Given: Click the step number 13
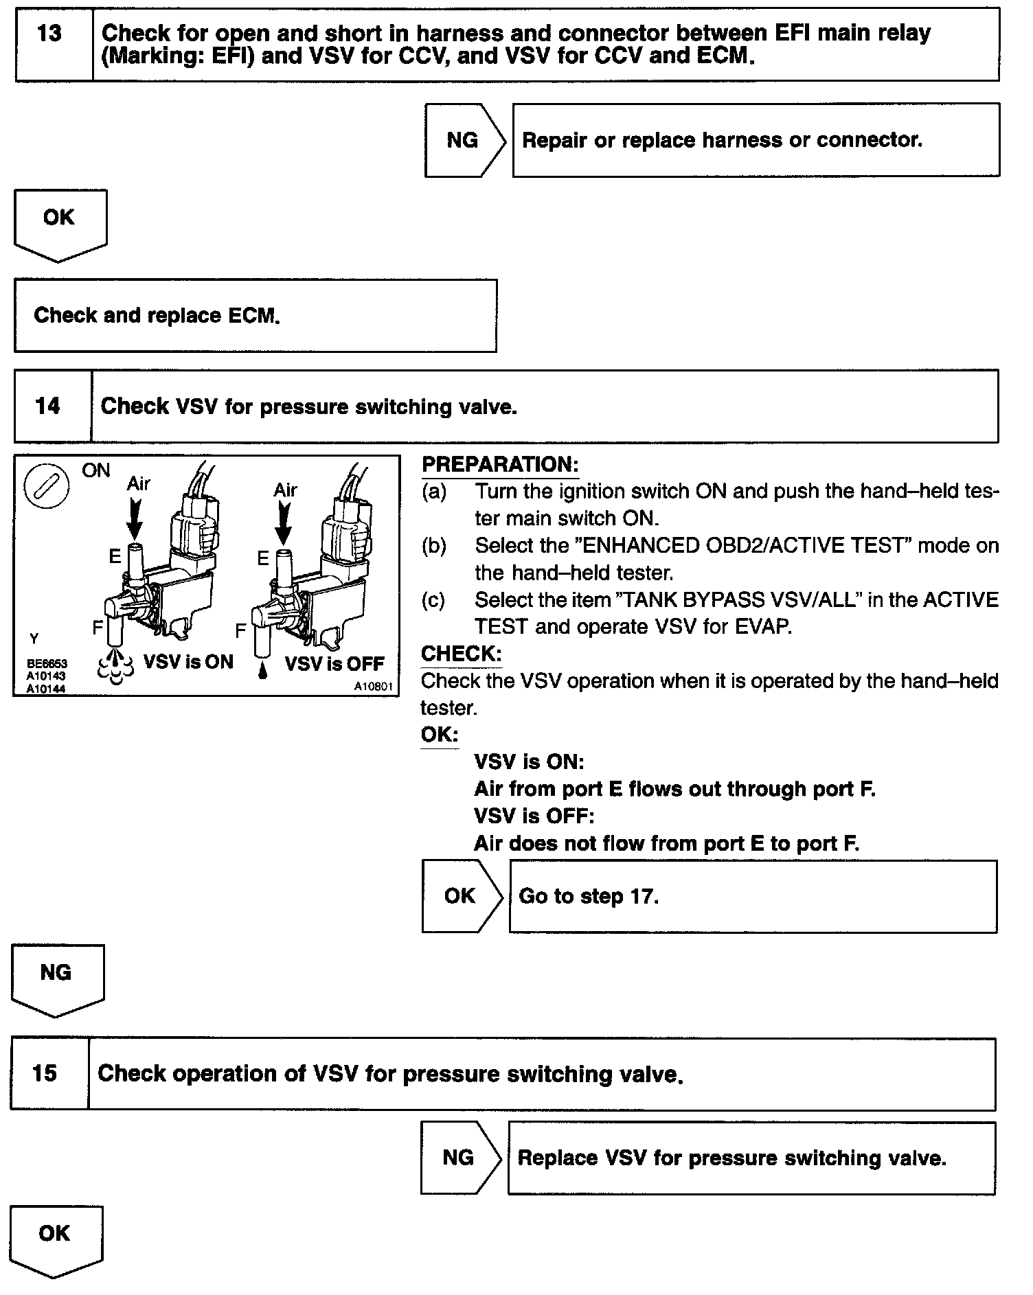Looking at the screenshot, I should pyautogui.click(x=49, y=34).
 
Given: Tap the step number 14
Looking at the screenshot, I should pyautogui.click(x=47, y=406).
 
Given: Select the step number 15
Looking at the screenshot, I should pyautogui.click(x=45, y=1073).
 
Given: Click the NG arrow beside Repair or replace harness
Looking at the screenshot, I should pyautogui.click(x=463, y=140).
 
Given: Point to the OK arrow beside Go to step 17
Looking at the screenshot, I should pyautogui.click(x=460, y=896).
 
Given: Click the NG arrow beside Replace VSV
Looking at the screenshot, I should pyautogui.click(x=458, y=1158).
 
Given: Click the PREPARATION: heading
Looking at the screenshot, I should pyautogui.click(x=500, y=464).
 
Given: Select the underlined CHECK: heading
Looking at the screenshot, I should pyautogui.click(x=461, y=654).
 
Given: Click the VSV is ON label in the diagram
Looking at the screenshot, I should pyautogui.click(x=188, y=662).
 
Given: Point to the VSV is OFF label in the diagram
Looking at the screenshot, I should pyautogui.click(x=334, y=664).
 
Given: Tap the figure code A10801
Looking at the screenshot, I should pyautogui.click(x=373, y=686).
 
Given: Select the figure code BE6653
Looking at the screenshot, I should pyautogui.click(x=47, y=664).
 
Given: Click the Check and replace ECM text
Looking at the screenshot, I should pyautogui.click(x=157, y=315).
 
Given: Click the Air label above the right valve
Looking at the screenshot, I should pyautogui.click(x=285, y=490).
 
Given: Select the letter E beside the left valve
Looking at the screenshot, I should pyautogui.click(x=115, y=556).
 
